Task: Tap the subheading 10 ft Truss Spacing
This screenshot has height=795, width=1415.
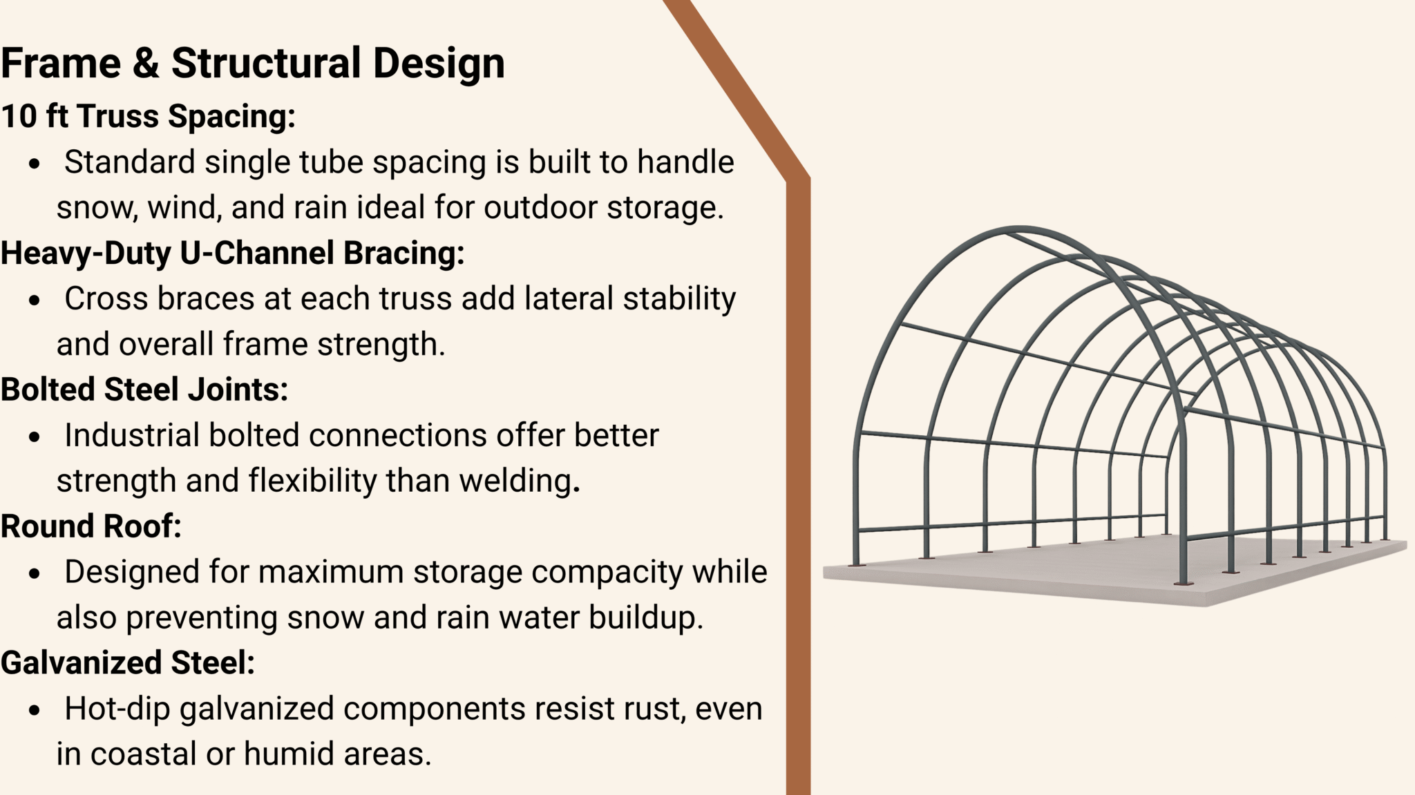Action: (148, 116)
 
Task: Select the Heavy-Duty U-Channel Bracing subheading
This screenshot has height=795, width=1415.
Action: (232, 253)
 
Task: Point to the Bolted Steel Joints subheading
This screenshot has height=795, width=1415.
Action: (144, 390)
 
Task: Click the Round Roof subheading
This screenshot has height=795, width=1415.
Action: (91, 526)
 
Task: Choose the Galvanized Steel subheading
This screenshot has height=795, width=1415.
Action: (128, 663)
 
